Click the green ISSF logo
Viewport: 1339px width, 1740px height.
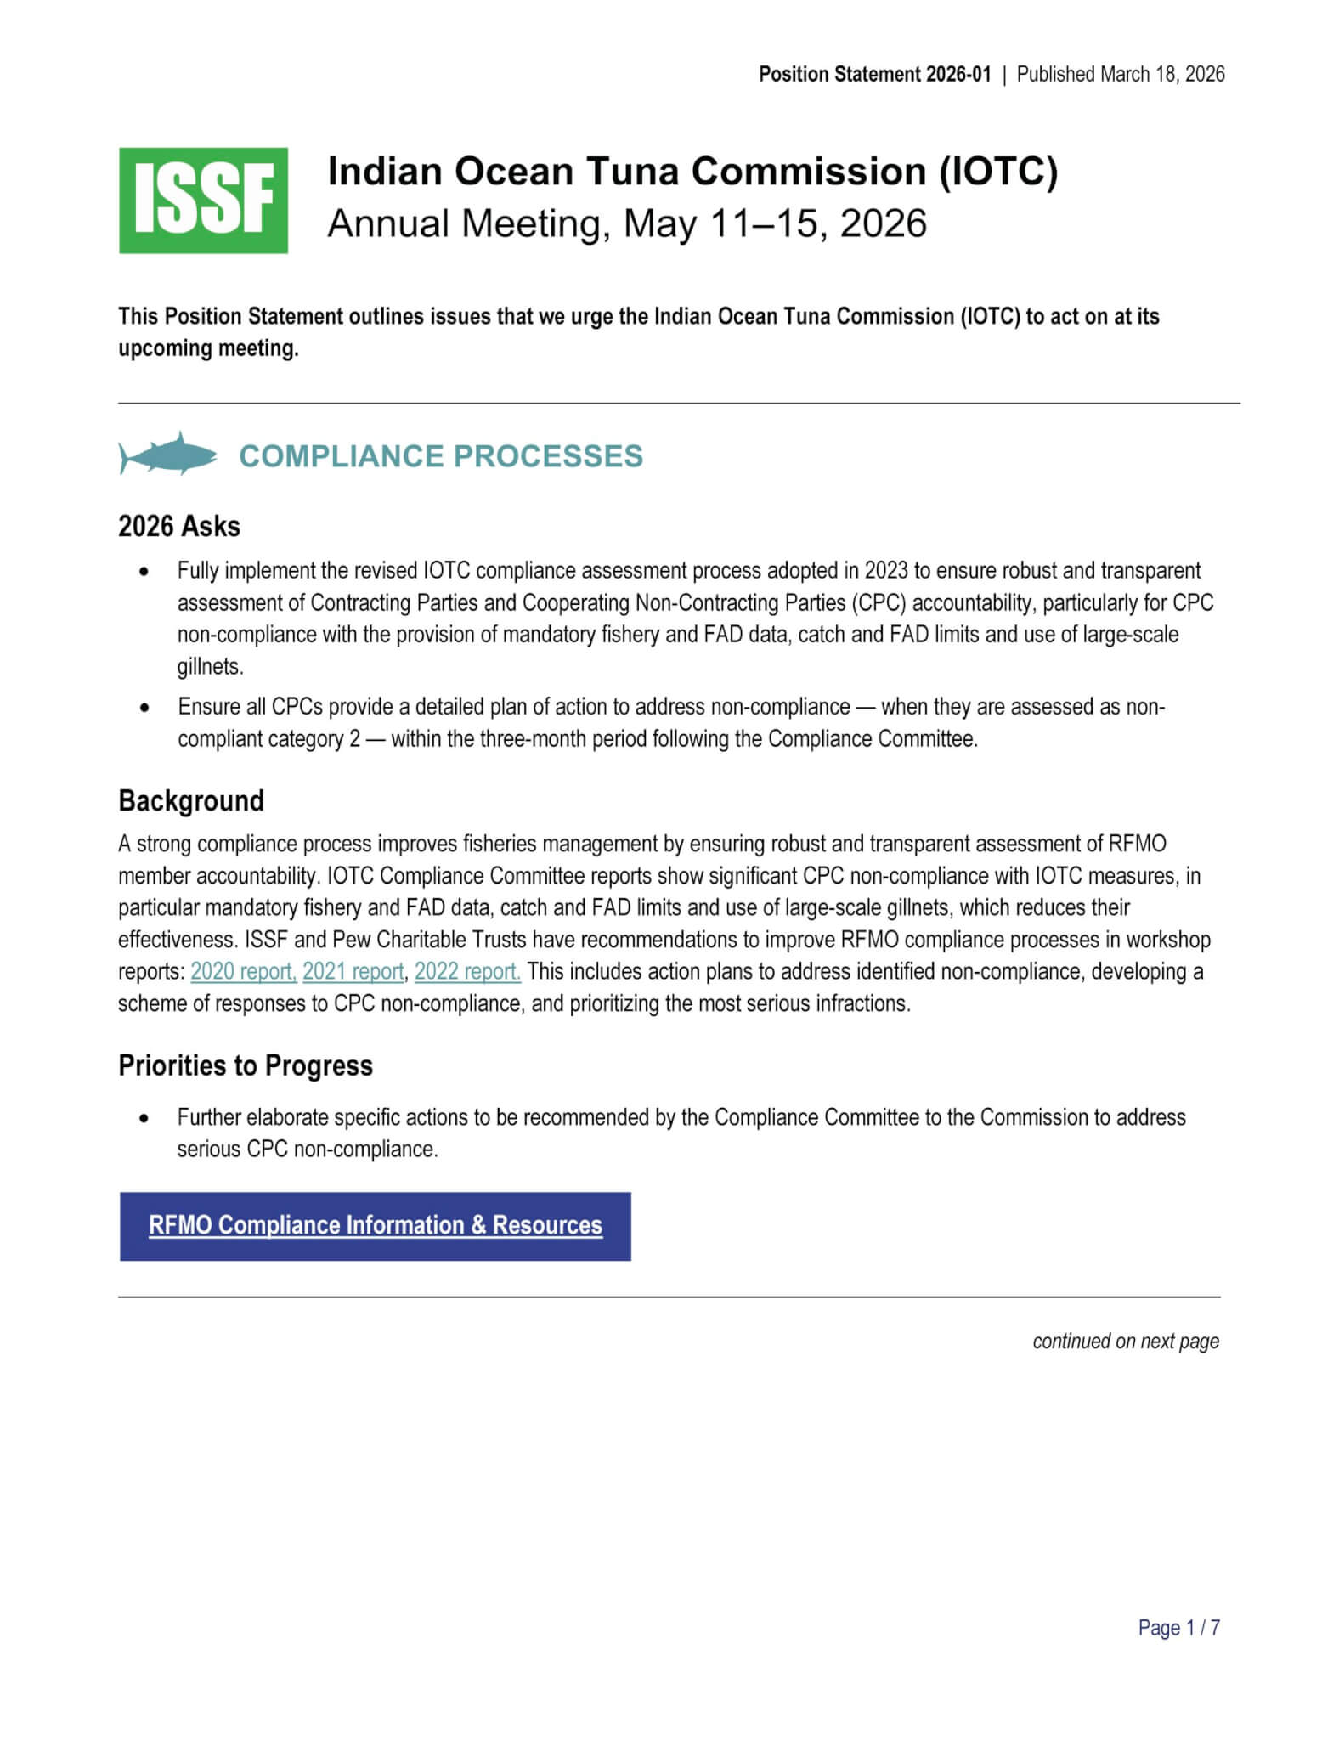[x=203, y=201]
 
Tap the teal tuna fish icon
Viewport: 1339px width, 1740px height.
[x=168, y=454]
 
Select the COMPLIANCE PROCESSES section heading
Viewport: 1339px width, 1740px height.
[x=441, y=456]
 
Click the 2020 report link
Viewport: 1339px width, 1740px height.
[x=243, y=971]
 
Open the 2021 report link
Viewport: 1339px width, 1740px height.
[x=353, y=971]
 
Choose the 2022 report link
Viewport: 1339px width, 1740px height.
[x=467, y=971]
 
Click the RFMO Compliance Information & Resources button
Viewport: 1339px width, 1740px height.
[x=375, y=1226]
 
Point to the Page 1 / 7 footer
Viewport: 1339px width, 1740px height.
[x=1178, y=1627]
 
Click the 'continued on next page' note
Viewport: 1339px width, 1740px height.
[x=1125, y=1341]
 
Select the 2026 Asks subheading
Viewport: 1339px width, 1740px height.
[x=179, y=527]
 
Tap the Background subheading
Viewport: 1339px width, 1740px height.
[x=191, y=800]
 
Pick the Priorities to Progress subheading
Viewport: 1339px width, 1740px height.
[x=246, y=1065]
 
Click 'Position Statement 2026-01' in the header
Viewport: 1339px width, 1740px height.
[x=874, y=75]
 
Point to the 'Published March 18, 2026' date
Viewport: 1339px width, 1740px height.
[x=1120, y=75]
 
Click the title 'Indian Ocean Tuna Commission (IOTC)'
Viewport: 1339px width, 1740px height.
[x=692, y=172]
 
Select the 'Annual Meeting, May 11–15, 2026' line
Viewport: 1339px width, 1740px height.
[x=627, y=223]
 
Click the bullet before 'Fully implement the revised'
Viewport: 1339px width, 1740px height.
[x=145, y=571]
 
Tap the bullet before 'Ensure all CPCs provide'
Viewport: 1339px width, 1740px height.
[x=145, y=707]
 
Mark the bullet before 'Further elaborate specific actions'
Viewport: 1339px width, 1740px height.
[x=145, y=1118]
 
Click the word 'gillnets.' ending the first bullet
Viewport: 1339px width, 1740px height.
[x=210, y=667]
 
